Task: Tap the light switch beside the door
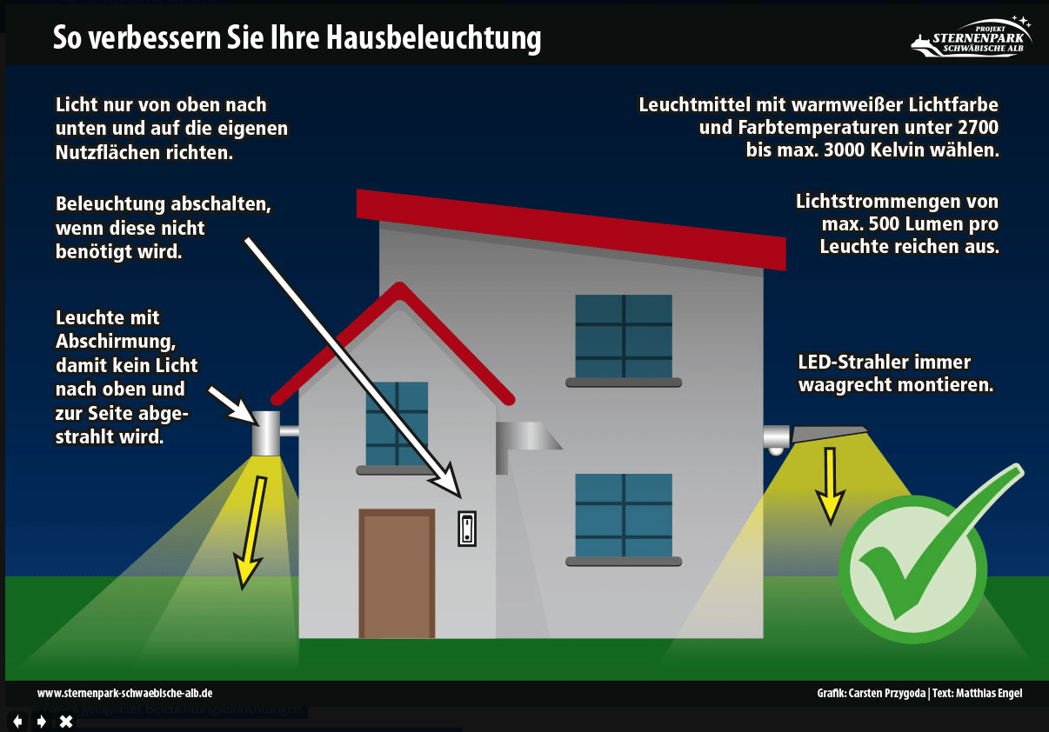coord(467,528)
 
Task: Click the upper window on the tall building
coord(624,336)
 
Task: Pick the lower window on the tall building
coord(624,516)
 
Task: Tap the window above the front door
coord(397,423)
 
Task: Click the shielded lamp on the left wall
coord(266,433)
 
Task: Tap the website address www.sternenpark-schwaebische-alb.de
coord(125,693)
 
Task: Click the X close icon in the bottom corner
coord(65,721)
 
